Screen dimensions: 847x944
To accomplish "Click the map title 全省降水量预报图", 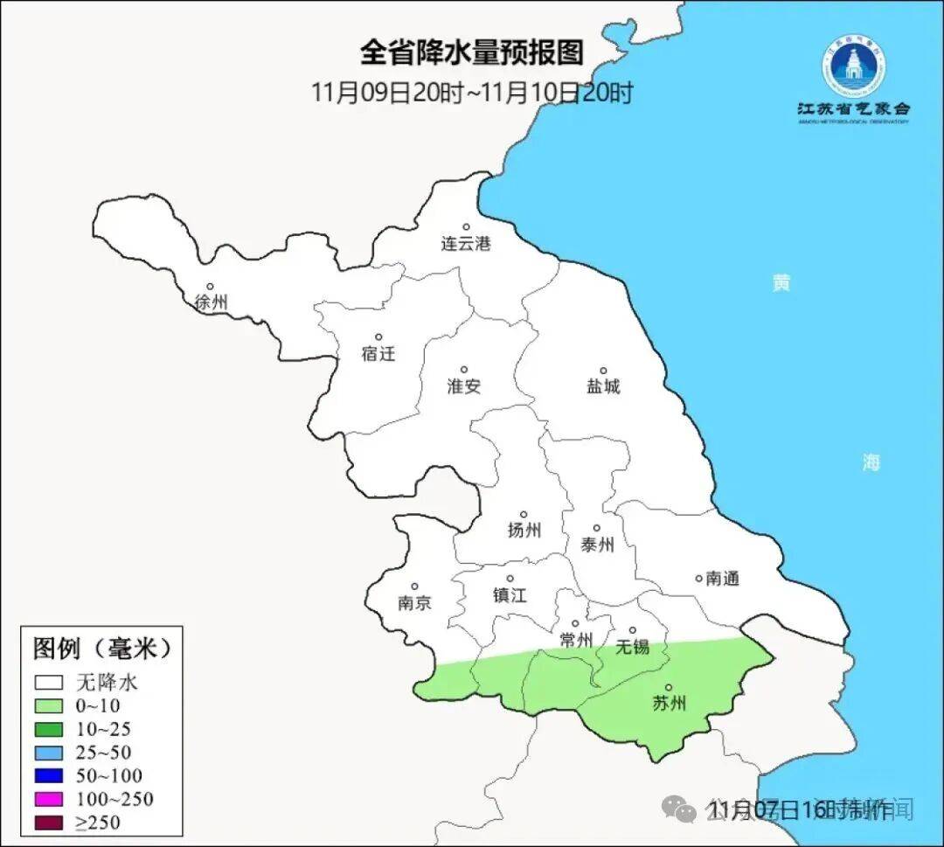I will (471, 53).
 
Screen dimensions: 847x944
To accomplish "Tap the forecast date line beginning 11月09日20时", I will (472, 93).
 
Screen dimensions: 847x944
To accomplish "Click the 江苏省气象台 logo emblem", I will (853, 66).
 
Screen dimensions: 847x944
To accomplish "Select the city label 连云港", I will (466, 244).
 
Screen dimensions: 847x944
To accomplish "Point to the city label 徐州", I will (212, 302).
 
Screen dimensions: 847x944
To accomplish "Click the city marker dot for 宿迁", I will (378, 337).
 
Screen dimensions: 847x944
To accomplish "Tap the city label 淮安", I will (464, 386).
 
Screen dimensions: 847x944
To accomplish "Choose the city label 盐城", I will (603, 386).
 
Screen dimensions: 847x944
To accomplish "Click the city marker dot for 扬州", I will (524, 514).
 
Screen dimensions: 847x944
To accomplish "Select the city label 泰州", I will (597, 545).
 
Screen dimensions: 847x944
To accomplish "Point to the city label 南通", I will (723, 578).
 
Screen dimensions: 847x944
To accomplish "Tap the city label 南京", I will (414, 603).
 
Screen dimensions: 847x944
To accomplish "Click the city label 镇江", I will (510, 595).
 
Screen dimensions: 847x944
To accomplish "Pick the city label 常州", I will (576, 640).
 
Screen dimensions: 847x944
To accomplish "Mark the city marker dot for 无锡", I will (633, 629).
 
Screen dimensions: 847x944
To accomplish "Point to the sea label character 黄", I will (781, 282).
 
